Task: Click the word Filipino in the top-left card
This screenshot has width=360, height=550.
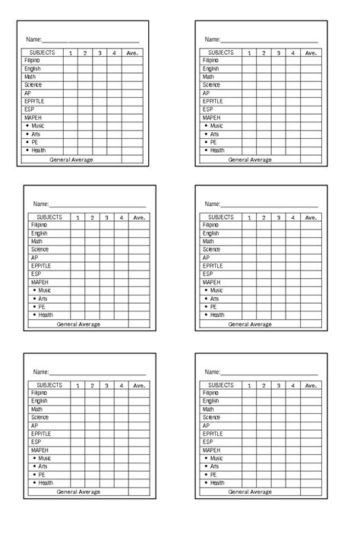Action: point(32,59)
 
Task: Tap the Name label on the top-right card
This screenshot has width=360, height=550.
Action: point(212,39)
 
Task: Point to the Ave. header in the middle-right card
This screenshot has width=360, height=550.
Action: point(311,217)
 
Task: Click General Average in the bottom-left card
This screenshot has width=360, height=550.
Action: point(78,492)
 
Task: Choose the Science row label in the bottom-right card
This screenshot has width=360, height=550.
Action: point(211,417)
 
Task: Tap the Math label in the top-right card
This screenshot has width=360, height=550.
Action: point(208,77)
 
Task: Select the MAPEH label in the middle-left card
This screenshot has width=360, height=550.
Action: point(40,282)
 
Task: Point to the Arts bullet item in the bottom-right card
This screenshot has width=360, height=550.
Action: point(214,466)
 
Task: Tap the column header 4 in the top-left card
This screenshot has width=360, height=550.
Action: point(114,53)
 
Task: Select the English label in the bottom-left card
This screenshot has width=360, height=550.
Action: point(39,401)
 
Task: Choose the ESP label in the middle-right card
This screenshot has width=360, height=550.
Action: point(207,273)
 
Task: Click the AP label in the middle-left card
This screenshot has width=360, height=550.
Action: point(35,258)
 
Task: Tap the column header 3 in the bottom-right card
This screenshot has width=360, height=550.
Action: point(278,386)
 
